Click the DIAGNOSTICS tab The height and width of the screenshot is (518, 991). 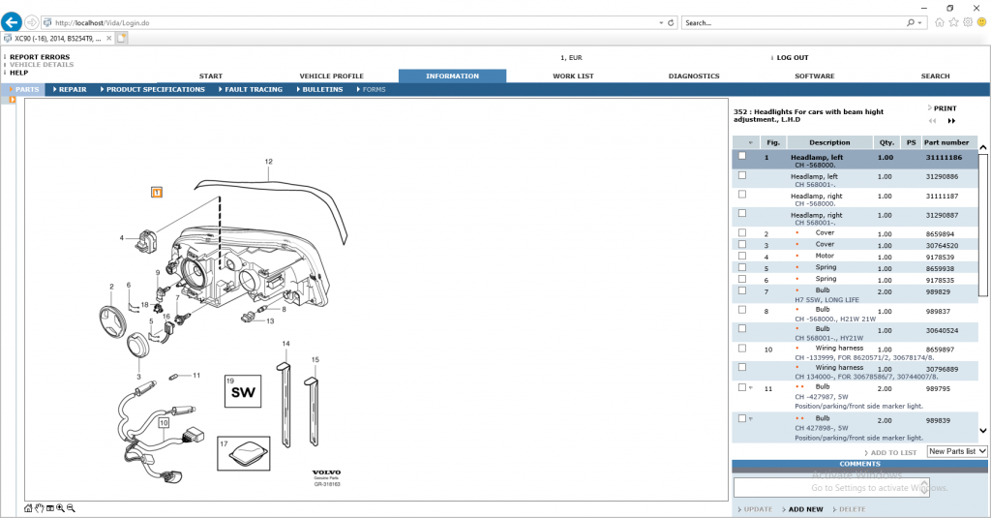(x=694, y=76)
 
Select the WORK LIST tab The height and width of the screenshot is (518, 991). (x=573, y=76)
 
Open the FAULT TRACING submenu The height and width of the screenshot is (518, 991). (x=254, y=89)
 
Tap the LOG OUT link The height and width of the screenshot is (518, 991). (x=792, y=57)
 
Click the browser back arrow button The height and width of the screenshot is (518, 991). (x=13, y=21)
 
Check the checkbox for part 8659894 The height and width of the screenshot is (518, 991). (x=742, y=233)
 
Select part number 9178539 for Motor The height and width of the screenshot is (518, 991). (x=940, y=257)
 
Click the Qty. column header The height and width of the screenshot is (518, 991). (x=885, y=142)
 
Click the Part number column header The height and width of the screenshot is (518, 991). (x=946, y=142)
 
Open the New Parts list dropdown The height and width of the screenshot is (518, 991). (x=956, y=451)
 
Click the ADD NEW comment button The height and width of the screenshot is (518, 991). (x=805, y=509)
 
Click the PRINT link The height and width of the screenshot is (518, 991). (x=945, y=108)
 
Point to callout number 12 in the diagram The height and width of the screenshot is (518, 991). (x=268, y=162)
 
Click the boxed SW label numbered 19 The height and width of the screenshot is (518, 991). (x=242, y=390)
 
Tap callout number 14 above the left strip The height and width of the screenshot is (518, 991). (x=285, y=344)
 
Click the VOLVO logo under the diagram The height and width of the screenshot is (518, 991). (x=326, y=472)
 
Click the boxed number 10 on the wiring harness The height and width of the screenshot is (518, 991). (x=164, y=423)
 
